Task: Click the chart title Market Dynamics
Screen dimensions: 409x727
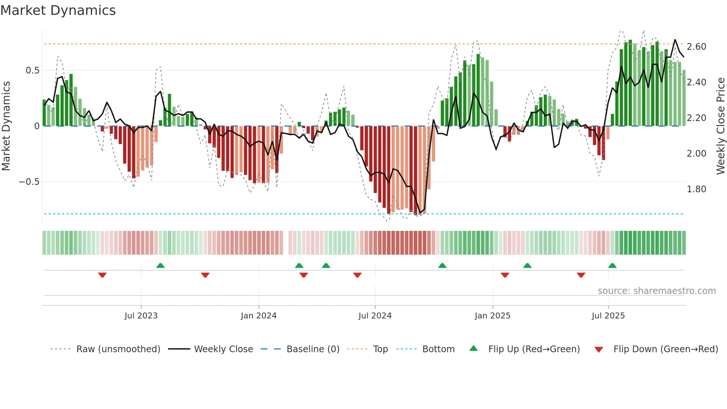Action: tap(58, 10)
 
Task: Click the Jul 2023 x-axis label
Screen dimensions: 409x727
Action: tap(141, 316)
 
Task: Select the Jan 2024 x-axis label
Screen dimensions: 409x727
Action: tap(259, 316)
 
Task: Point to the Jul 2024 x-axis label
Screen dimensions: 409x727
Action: tap(375, 316)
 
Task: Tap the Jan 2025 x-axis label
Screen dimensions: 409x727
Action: tap(492, 316)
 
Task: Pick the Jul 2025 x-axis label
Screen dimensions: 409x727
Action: tap(608, 316)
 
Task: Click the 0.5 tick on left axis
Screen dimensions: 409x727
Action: tap(32, 71)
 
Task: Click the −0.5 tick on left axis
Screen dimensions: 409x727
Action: tap(29, 182)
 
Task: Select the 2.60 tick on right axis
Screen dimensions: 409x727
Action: tap(696, 47)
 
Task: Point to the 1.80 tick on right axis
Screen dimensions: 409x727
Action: tap(696, 189)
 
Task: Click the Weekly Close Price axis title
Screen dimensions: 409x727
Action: tap(720, 126)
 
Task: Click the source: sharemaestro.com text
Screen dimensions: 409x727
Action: tap(657, 291)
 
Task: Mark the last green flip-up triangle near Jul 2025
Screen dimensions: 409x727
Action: tap(612, 266)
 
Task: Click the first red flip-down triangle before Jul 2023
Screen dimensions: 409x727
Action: tap(102, 275)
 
